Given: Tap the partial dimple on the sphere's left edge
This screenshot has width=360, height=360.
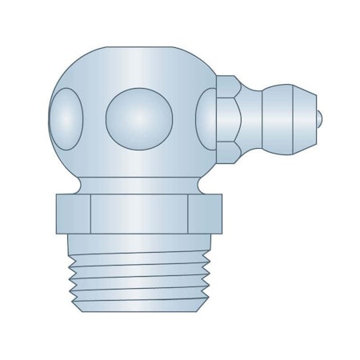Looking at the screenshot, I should click(66, 116).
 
